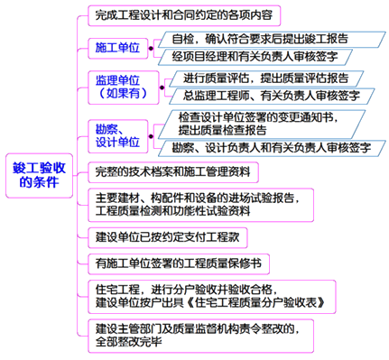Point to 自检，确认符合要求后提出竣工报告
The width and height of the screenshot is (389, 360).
[252, 40]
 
